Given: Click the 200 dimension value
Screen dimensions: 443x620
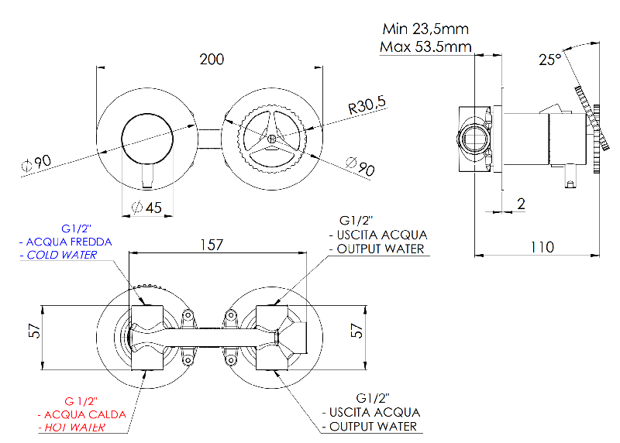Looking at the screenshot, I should (x=212, y=60).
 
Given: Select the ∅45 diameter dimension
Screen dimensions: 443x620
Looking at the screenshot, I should (x=147, y=208).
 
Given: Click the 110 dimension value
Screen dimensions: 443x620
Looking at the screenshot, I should (x=542, y=247).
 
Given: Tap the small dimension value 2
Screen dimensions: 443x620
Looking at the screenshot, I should (x=521, y=204).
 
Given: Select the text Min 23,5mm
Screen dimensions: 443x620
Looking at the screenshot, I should (x=425, y=29).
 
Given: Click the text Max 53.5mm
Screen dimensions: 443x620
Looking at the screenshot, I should (x=425, y=47).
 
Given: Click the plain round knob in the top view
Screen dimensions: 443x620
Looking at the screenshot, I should (x=147, y=139).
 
